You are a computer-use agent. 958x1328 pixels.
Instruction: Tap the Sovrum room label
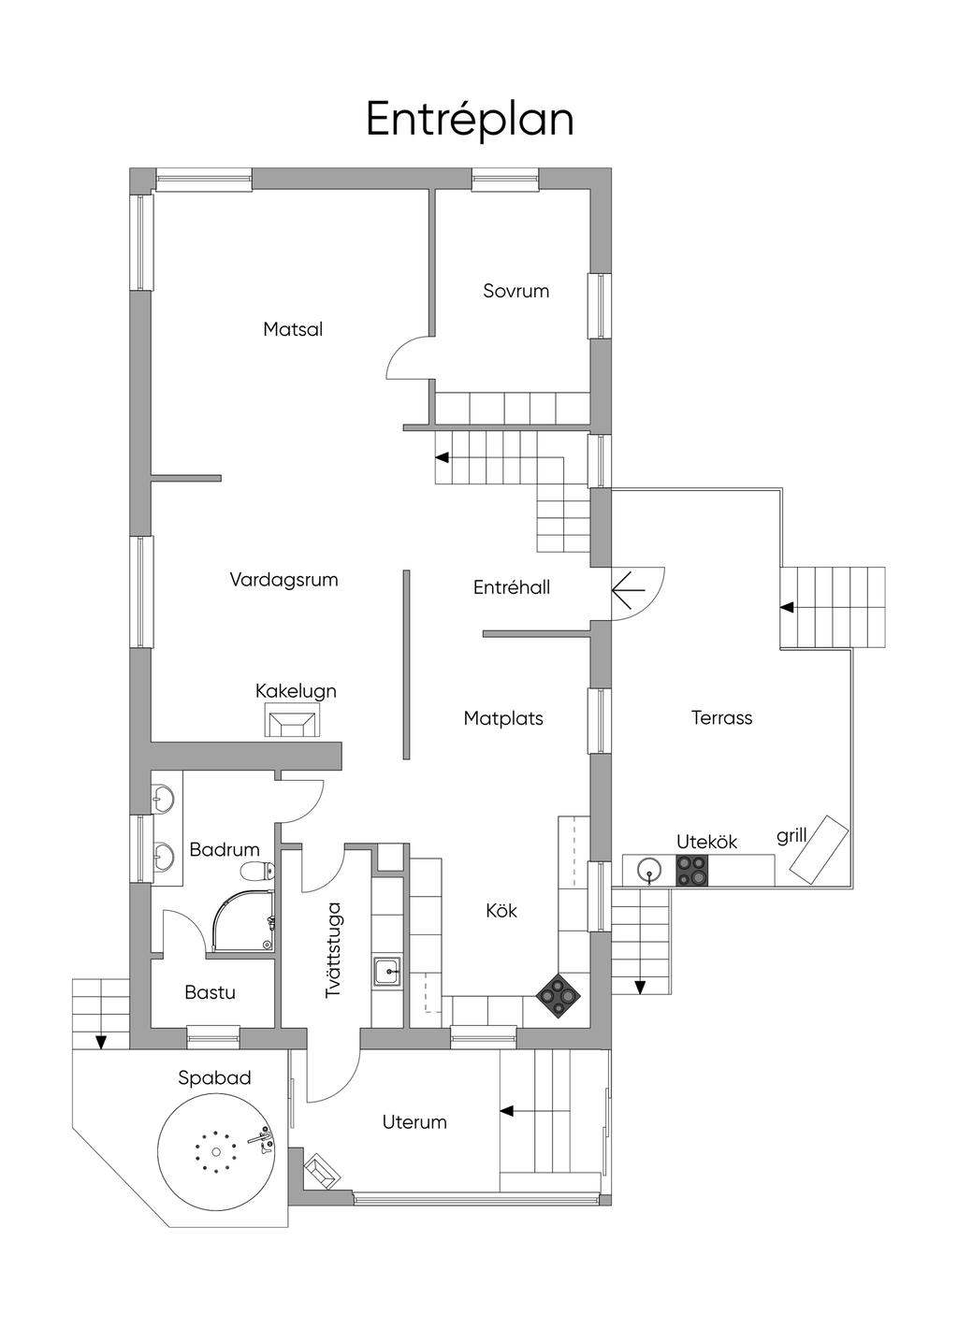coord(515,291)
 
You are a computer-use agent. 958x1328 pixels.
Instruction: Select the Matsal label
coord(293,329)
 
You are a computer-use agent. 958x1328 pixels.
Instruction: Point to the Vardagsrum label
coord(283,579)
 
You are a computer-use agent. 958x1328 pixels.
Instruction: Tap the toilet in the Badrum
coord(257,872)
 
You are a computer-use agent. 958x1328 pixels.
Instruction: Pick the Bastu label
coord(210,992)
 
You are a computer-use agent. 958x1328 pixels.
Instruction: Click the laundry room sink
coord(386,973)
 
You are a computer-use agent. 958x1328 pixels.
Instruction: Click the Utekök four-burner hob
coord(691,871)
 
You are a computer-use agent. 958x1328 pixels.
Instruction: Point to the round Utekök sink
coord(649,871)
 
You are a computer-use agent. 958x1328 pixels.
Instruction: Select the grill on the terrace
coord(818,850)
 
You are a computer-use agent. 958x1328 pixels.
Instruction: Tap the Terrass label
coord(721,718)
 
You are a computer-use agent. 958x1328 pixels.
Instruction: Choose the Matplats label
coord(503,718)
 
